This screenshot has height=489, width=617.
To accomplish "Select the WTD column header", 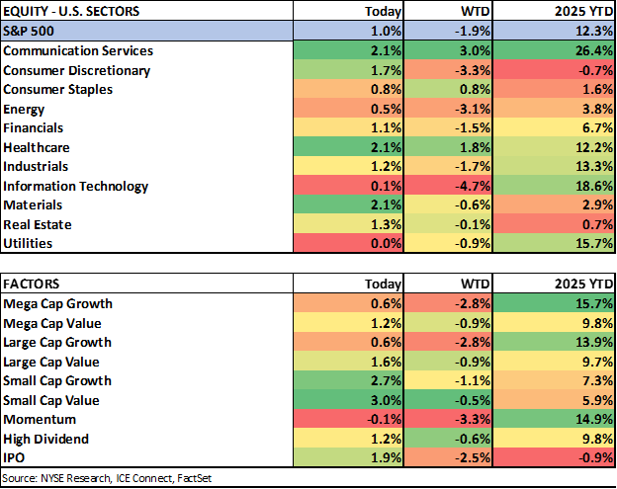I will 477,13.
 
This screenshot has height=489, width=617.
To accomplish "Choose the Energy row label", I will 25,109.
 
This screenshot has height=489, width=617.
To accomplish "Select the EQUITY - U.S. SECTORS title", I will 71,12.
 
